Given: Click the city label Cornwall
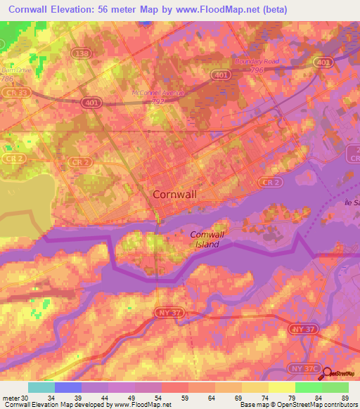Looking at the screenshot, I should point(174,195).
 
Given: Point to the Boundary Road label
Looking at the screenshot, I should point(257,61).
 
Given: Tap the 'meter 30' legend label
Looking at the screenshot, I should point(15,397).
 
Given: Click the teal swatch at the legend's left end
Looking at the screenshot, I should point(41,387).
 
